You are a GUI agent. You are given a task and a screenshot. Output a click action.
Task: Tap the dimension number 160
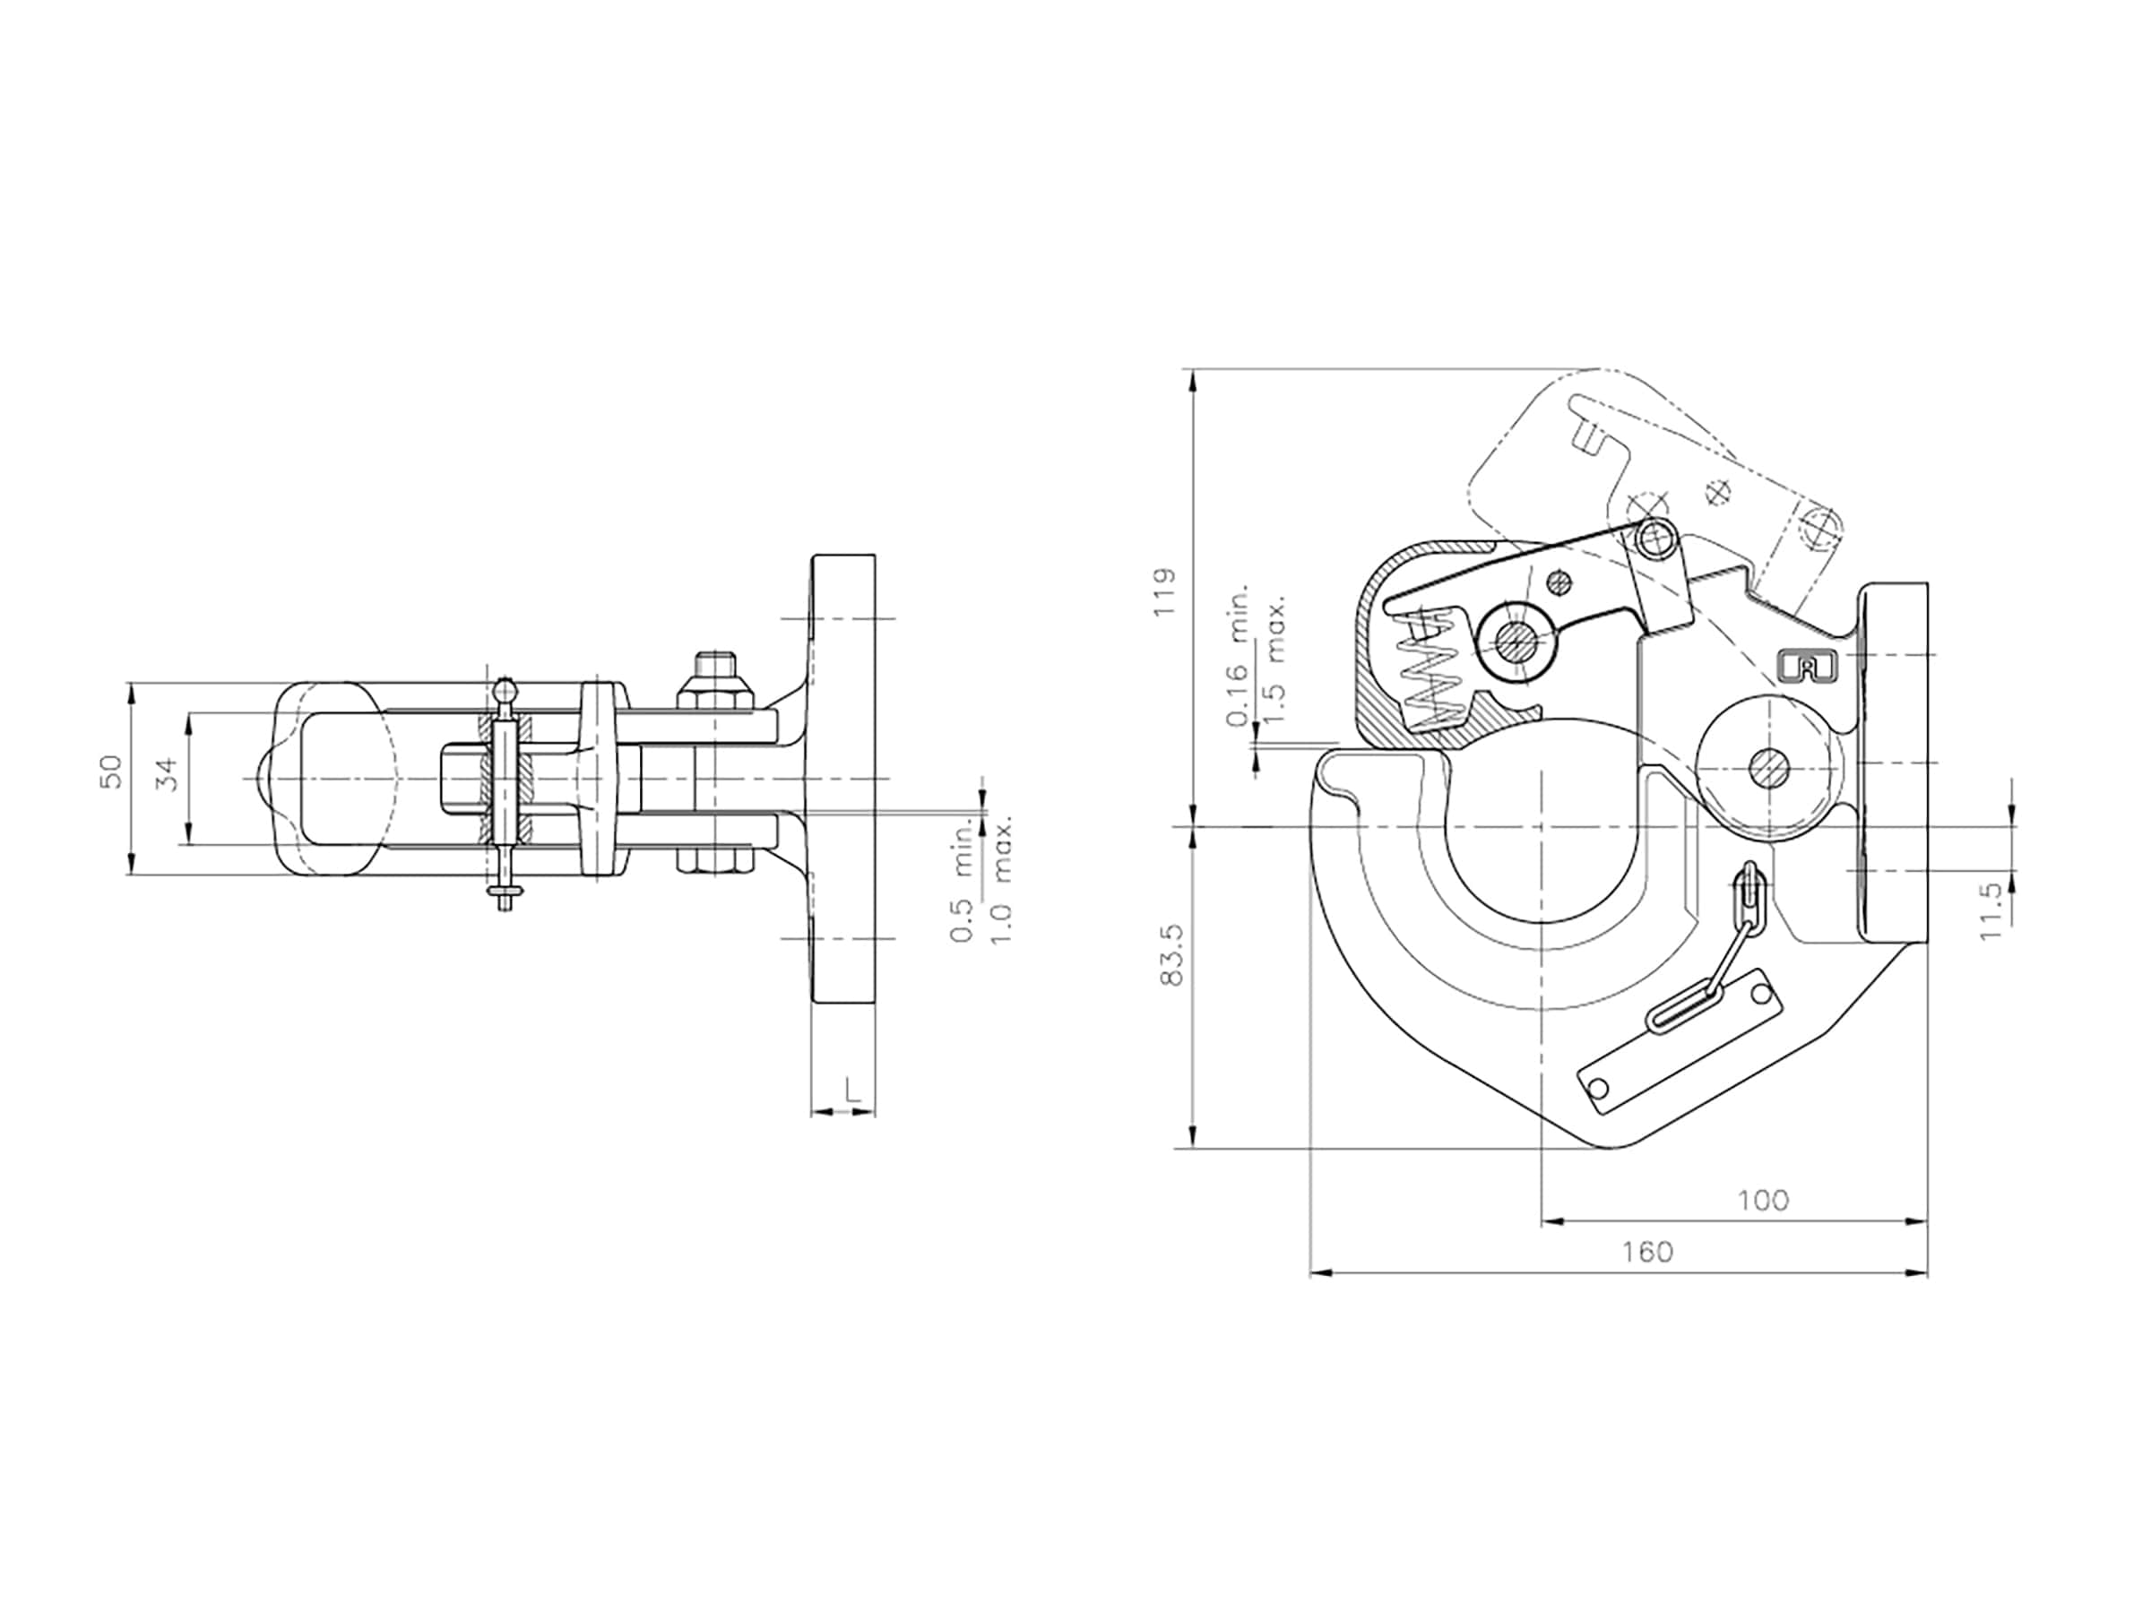click(1647, 1251)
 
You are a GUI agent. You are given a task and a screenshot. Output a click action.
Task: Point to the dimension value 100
click(1763, 1201)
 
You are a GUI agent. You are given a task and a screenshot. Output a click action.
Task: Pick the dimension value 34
click(169, 775)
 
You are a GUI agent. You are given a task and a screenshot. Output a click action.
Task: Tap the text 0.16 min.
click(1238, 657)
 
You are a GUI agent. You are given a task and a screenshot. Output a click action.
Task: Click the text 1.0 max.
click(1003, 879)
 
